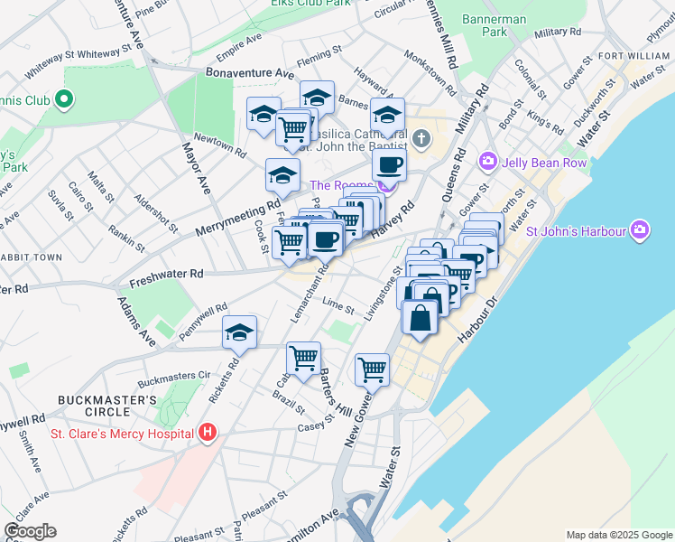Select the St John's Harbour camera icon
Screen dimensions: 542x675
tap(641, 230)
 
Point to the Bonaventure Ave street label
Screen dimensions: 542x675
tap(249, 71)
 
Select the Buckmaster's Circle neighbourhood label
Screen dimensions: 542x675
tap(107, 406)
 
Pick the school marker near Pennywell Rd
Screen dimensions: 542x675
tap(239, 333)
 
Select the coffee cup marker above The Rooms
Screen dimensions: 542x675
tap(389, 165)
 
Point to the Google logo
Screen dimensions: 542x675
tap(30, 531)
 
